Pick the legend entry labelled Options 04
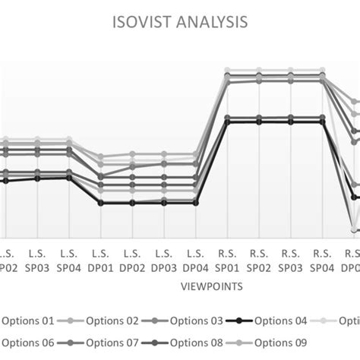tap(280, 321)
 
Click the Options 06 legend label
tap(27, 343)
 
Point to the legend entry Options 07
tap(111, 343)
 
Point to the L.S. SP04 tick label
tap(69, 260)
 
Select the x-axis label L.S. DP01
tap(101, 260)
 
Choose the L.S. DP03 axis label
tap(164, 260)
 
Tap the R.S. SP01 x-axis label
tap(227, 260)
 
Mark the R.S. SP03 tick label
tap(291, 260)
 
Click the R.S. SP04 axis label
tap(323, 260)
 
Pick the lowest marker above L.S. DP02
tap(132, 203)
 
